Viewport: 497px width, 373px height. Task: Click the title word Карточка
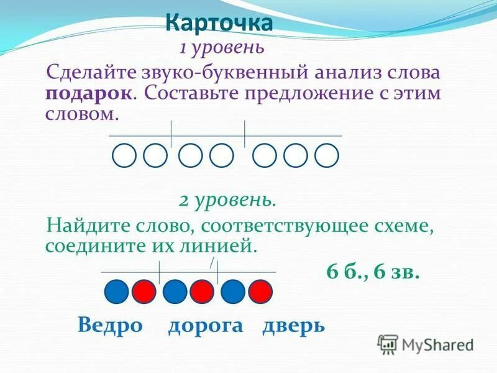pos(219,24)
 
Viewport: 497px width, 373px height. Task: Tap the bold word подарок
pos(88,94)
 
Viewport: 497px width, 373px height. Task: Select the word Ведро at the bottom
pos(110,325)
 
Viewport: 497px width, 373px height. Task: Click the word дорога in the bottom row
pos(206,325)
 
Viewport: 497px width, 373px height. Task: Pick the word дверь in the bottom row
pos(293,325)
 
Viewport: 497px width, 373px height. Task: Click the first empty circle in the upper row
pos(124,155)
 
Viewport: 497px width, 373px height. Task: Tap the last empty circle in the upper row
pos(327,155)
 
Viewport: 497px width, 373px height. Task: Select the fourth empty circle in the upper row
pos(222,155)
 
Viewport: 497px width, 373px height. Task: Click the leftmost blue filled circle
pos(116,291)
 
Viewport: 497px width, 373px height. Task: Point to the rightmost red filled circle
pos(260,291)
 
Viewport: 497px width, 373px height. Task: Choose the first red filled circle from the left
pos(144,291)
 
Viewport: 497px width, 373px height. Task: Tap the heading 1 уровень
pos(222,47)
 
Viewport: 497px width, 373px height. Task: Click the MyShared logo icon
pos(388,344)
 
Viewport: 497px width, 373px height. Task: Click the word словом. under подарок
pos(81,115)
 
